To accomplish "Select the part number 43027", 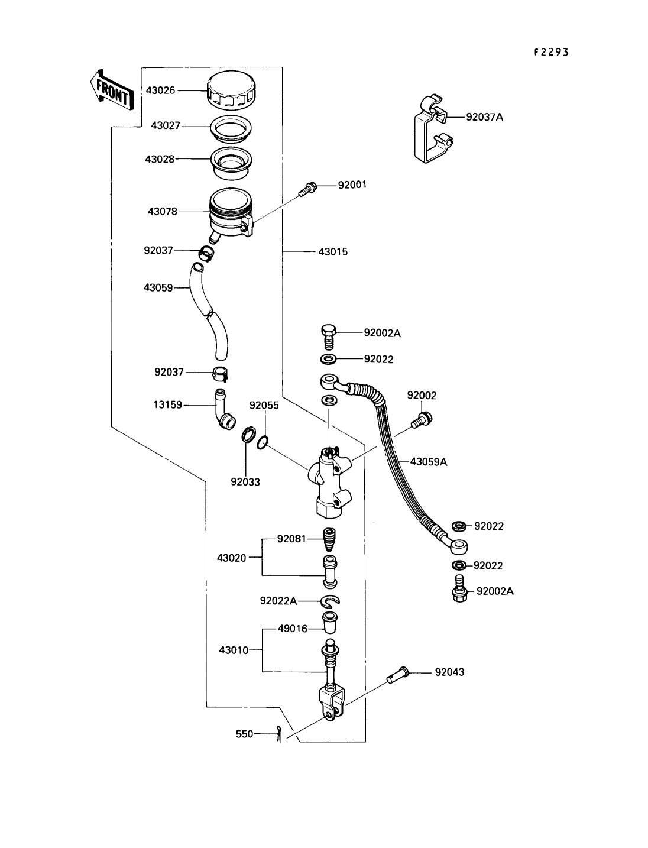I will click(x=166, y=126).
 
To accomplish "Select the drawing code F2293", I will click(x=550, y=52).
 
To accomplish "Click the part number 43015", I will click(x=333, y=252).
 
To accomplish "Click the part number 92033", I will click(x=245, y=482).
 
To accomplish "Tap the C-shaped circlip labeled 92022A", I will click(x=331, y=601).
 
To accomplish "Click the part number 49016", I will click(x=293, y=629).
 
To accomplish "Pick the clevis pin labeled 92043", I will click(x=398, y=674).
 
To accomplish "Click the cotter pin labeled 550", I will click(x=278, y=734).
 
